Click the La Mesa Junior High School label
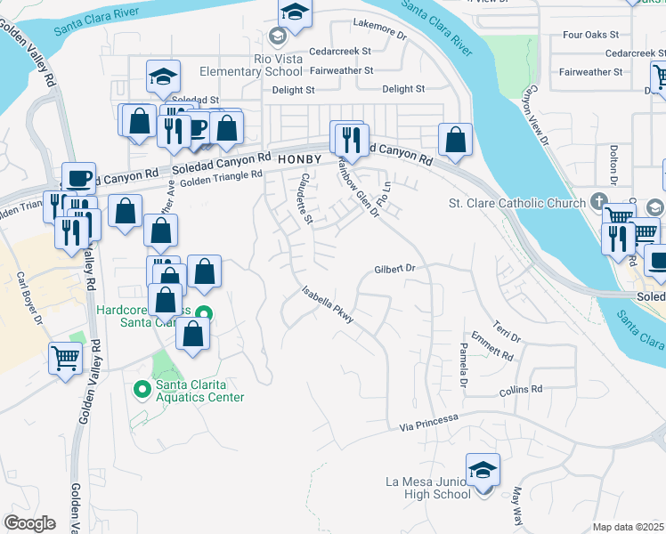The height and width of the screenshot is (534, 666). [427, 488]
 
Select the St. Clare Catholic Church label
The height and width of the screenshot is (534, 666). [516, 203]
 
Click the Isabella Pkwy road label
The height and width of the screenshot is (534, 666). [328, 307]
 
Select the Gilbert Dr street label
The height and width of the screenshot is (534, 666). [395, 268]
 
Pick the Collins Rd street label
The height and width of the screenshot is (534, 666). [520, 390]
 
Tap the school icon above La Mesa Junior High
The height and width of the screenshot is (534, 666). [483, 469]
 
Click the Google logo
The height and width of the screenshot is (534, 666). [29, 523]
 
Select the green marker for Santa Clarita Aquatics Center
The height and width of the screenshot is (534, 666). [142, 389]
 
